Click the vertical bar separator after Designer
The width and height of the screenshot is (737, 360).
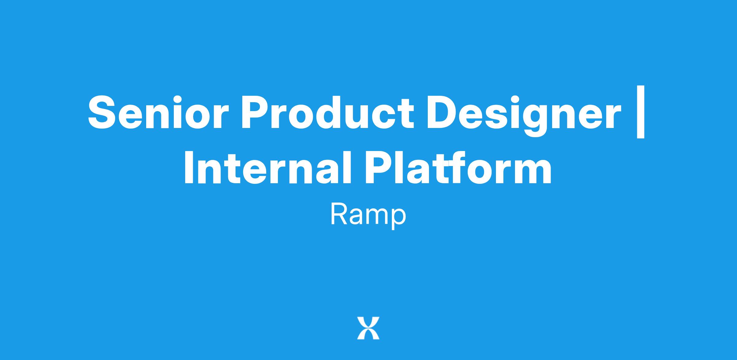point(641,112)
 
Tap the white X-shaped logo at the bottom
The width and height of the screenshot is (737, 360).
point(368,328)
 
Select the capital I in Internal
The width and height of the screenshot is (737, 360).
point(189,168)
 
